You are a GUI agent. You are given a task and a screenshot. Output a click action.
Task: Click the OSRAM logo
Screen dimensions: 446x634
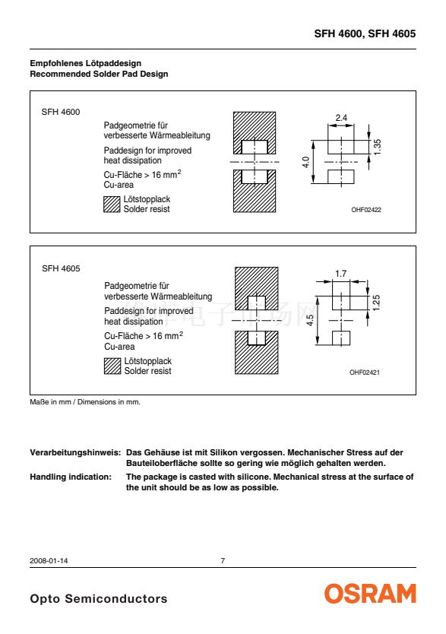pos(370,594)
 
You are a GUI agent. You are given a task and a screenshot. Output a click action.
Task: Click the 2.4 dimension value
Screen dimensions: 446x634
pos(341,118)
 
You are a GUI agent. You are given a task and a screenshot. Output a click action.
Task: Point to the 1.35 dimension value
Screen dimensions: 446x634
pos(377,147)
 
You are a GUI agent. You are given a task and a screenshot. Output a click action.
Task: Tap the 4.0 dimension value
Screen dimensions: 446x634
pos(305,163)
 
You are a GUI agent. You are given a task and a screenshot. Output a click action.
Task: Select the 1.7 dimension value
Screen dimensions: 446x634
pos(340,274)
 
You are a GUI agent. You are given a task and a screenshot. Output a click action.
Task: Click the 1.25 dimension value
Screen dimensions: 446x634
pos(375,303)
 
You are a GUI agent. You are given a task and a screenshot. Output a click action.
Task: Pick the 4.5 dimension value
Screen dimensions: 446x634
pos(309,320)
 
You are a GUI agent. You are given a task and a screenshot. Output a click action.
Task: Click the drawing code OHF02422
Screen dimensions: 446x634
pos(366,210)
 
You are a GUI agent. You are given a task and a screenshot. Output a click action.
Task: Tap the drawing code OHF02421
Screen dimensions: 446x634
pos(365,372)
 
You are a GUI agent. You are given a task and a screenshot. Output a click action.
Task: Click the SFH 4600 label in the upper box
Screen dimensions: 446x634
pos(61,112)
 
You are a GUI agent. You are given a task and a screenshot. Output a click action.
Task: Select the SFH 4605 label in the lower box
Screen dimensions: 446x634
pos(61,268)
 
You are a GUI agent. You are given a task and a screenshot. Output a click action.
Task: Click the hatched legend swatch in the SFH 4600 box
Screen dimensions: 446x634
pos(112,204)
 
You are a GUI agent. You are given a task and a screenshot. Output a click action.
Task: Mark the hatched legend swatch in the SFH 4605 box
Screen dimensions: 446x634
pos(112,366)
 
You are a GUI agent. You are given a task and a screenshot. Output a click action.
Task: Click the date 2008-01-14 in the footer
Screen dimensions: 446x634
pos(49,561)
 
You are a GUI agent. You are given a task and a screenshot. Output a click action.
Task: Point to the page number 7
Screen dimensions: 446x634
pos(223,561)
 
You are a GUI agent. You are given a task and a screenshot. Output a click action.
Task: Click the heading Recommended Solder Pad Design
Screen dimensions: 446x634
pos(99,74)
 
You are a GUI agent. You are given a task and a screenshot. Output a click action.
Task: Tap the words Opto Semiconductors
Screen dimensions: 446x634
pos(99,599)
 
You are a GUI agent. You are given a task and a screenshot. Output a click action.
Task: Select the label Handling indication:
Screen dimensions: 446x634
pos(71,477)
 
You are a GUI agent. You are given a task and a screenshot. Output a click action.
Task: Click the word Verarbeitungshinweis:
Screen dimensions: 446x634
pos(75,452)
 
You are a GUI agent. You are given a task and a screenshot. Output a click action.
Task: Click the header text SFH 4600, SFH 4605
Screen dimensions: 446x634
pos(365,33)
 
